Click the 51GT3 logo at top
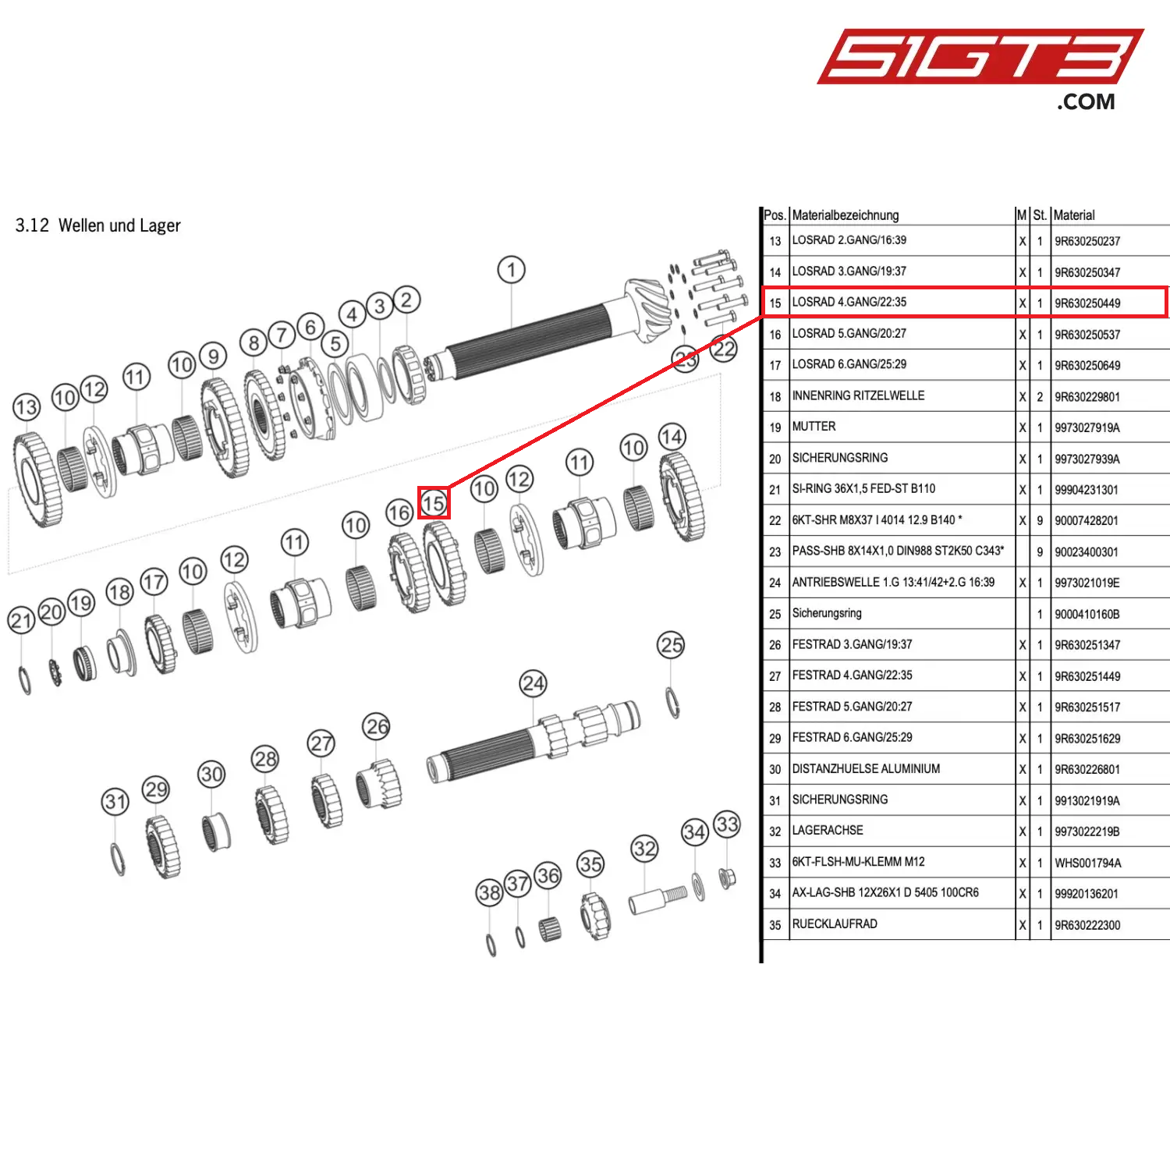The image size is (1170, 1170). (980, 69)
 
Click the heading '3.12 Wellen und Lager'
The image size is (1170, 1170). (97, 225)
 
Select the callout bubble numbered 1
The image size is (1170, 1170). (512, 271)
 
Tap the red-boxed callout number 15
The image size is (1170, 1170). (434, 503)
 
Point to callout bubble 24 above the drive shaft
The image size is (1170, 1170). (534, 684)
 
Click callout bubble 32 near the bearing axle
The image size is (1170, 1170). (644, 849)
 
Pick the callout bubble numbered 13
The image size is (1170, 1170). (27, 407)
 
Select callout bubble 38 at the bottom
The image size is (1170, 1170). (490, 892)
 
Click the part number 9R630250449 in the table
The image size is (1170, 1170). (1087, 303)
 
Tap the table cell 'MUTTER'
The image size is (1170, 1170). (814, 427)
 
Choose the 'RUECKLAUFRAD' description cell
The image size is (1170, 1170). (835, 924)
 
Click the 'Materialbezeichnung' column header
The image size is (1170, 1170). (846, 215)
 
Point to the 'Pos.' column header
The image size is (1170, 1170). (775, 215)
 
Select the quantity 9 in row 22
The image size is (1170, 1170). (1040, 521)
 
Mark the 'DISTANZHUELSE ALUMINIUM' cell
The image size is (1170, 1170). (866, 769)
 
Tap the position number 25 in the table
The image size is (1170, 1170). (775, 615)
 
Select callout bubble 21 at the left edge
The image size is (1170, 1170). (21, 621)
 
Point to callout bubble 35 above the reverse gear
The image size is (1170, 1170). (590, 864)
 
